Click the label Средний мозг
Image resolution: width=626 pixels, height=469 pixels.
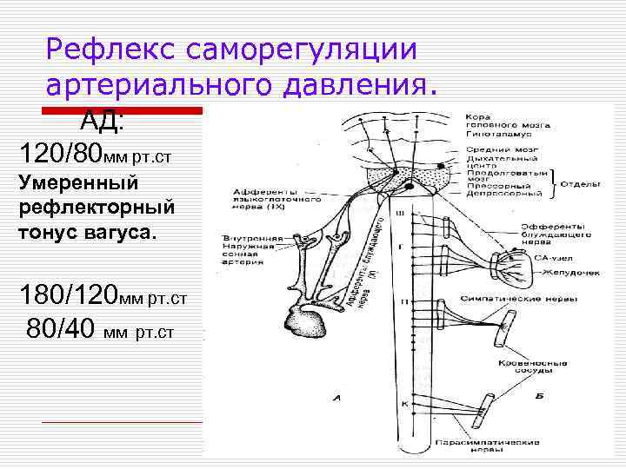[493, 149]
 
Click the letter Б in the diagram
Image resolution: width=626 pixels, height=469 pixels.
[540, 396]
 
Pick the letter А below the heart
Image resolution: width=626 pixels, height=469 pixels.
[336, 399]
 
